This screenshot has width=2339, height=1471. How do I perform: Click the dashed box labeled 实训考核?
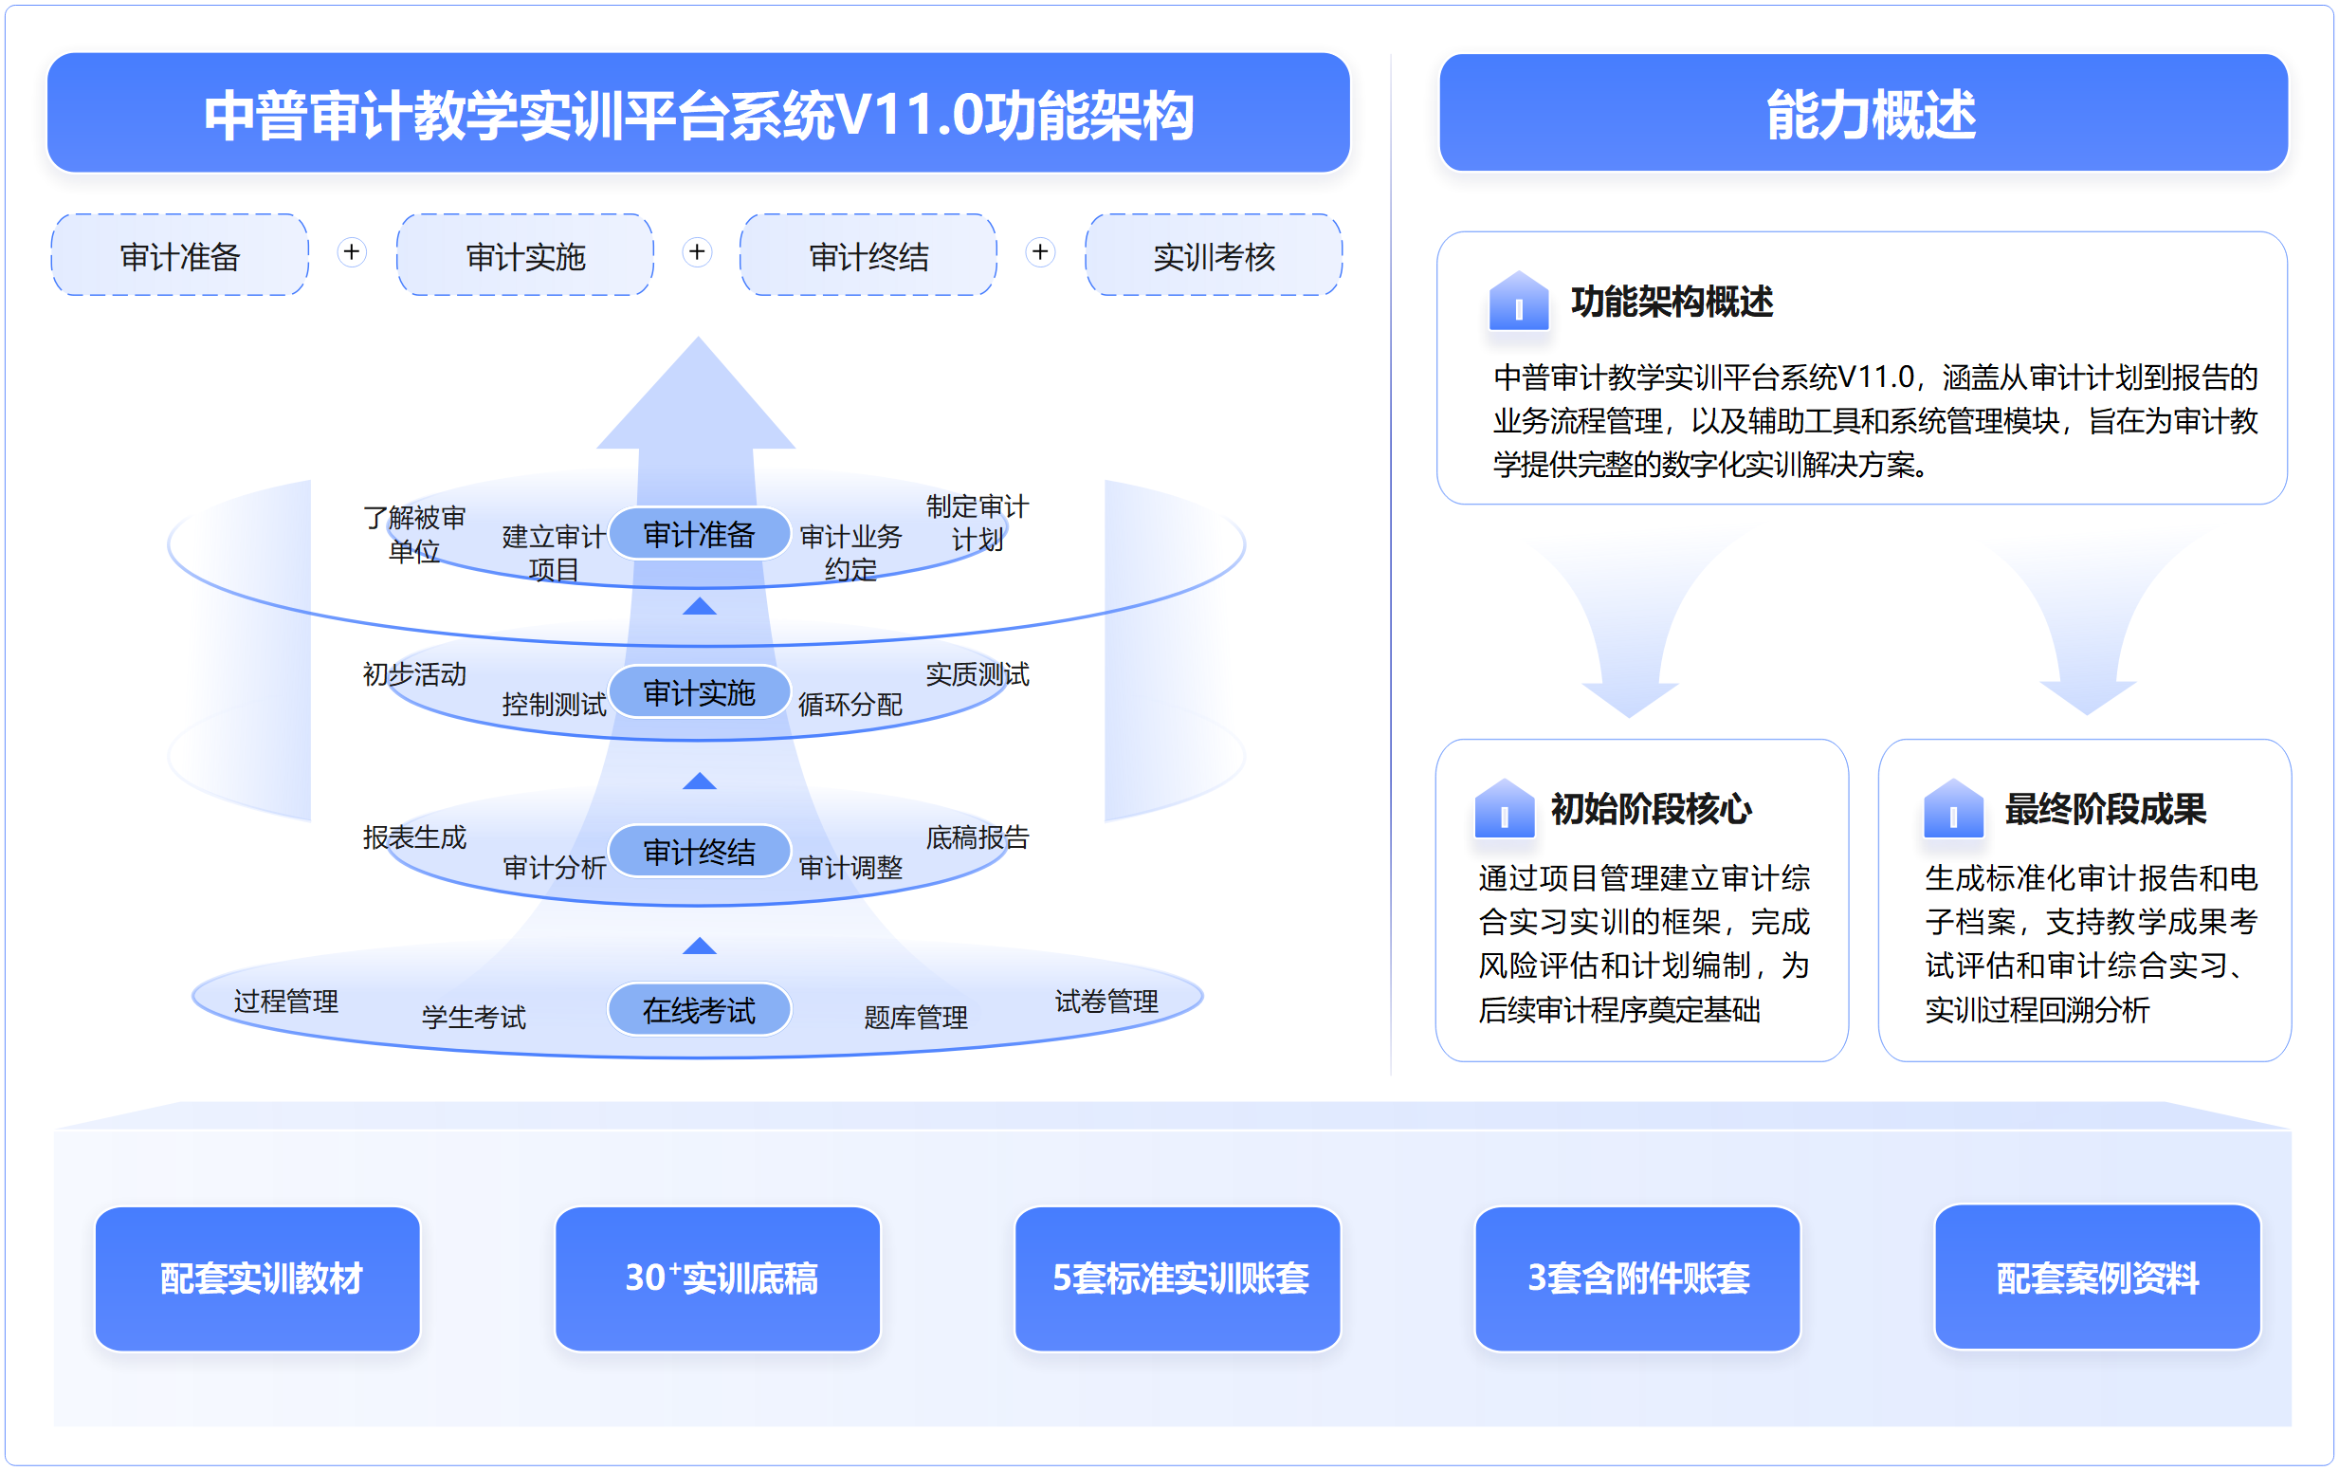point(1214,255)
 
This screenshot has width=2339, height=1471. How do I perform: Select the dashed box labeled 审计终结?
point(868,255)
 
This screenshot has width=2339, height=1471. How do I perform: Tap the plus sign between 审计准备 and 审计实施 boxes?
point(352,252)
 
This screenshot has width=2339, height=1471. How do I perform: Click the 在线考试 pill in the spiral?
point(700,1009)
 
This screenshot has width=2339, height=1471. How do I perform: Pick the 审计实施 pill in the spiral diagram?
point(700,691)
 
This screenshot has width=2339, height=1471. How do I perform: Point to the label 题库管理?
point(915,1018)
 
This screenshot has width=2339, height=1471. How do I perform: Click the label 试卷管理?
point(1106,1001)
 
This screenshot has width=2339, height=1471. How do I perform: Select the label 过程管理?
point(285,1001)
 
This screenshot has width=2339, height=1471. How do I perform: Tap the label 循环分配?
point(850,705)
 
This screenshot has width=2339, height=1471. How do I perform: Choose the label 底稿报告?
point(978,837)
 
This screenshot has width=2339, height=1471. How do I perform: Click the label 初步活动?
point(414,673)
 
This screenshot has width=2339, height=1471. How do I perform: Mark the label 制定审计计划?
point(978,523)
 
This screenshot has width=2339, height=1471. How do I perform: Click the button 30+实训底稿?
point(718,1278)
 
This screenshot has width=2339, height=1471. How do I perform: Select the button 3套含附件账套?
point(1637,1278)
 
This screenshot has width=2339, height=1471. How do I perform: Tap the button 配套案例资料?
point(2098,1278)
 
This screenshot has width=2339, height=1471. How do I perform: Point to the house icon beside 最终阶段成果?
point(1953,808)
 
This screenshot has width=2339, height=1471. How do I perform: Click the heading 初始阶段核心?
point(1651,808)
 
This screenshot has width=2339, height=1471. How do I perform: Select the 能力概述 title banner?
point(1863,114)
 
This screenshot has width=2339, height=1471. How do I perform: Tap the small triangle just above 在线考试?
point(700,947)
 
